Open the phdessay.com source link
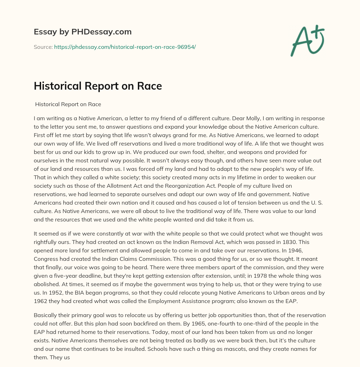125,47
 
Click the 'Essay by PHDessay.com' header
83,32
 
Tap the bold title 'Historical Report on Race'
98,86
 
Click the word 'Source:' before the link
43,47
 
